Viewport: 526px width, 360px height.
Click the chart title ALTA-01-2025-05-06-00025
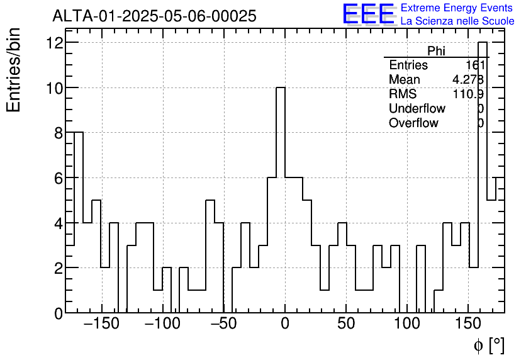click(154, 16)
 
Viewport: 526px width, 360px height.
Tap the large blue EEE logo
click(369, 14)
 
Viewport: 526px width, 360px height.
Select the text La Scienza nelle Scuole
click(457, 21)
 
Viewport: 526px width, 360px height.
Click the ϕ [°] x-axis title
click(489, 345)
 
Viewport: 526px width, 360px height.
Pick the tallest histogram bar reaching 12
click(483, 176)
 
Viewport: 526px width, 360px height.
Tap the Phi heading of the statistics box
click(436, 51)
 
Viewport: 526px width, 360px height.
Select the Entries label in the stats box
click(408, 65)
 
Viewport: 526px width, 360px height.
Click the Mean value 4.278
click(467, 80)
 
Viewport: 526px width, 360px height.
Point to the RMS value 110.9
click(467, 94)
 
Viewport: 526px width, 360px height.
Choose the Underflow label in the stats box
click(417, 109)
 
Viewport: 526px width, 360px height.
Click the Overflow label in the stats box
click(413, 123)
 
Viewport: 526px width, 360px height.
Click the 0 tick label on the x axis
click(285, 325)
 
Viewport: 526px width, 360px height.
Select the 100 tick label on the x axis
click(408, 325)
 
